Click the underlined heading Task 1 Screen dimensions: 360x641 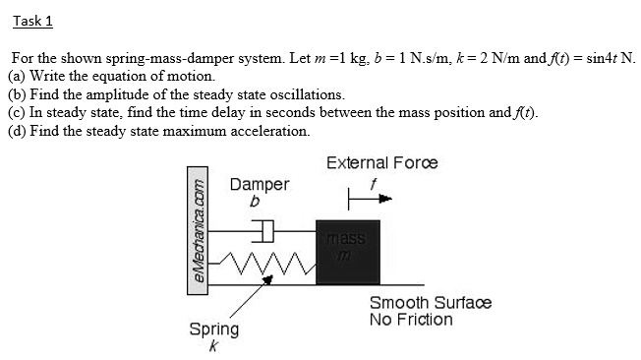(x=32, y=22)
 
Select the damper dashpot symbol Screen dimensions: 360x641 (x=263, y=232)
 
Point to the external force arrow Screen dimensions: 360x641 (x=375, y=198)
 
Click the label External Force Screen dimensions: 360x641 (x=381, y=162)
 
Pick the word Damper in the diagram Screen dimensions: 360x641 (x=260, y=184)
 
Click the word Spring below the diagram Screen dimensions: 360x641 (x=214, y=329)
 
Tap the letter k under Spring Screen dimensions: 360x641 (x=213, y=345)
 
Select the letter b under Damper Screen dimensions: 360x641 (x=254, y=202)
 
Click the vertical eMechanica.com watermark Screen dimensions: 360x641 (x=199, y=232)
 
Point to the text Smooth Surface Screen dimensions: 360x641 (x=430, y=303)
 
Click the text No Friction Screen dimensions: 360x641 (x=411, y=320)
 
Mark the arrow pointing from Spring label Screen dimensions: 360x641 (x=250, y=295)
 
